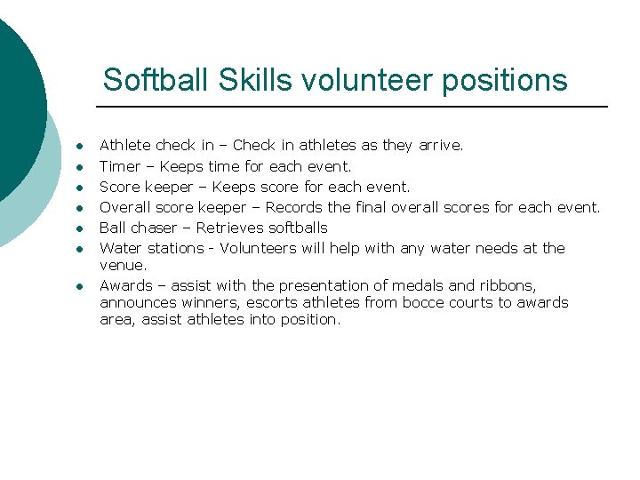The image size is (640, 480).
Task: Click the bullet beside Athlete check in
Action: pos(79,146)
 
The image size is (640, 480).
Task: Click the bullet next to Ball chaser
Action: pos(79,228)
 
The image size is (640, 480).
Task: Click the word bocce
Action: pos(424,302)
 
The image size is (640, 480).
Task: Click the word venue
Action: pos(122,265)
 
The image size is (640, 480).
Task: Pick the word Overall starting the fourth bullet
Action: pos(125,207)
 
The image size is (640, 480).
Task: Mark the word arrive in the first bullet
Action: pos(439,146)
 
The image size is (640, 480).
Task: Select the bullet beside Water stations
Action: pos(79,248)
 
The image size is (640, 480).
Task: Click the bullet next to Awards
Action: pos(79,286)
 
